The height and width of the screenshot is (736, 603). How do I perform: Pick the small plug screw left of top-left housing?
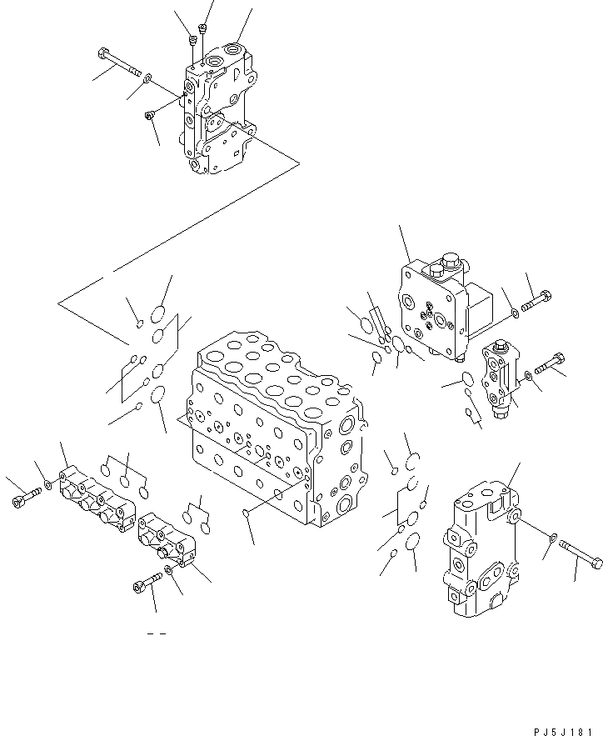[x=150, y=115]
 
